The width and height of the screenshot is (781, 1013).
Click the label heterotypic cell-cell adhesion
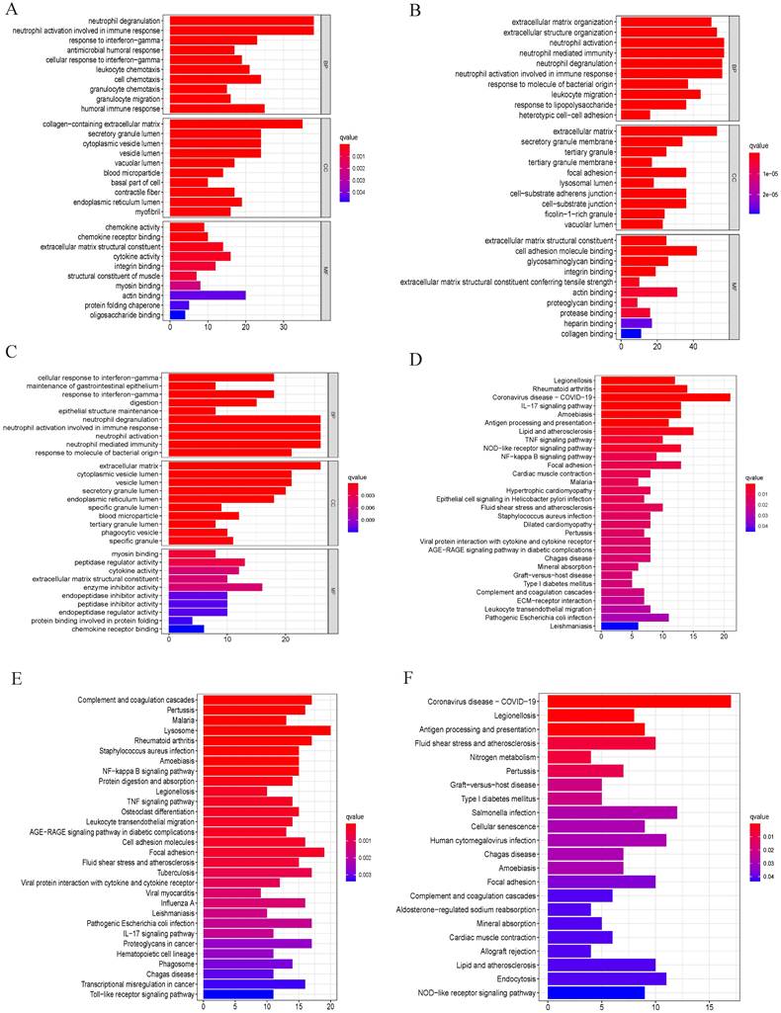click(558, 115)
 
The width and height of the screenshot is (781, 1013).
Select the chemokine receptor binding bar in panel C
click(187, 630)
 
